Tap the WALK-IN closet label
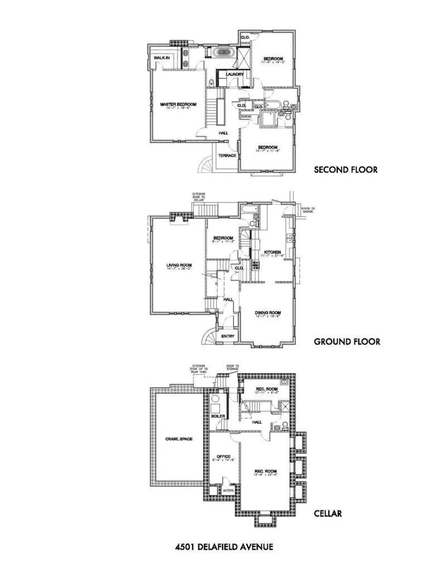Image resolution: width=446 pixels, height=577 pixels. (x=162, y=57)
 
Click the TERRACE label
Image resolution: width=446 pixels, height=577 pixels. (x=227, y=156)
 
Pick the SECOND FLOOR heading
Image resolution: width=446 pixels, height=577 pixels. (x=346, y=169)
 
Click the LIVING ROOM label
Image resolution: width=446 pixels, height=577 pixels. (x=179, y=265)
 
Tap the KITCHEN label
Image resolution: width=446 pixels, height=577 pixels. (x=272, y=253)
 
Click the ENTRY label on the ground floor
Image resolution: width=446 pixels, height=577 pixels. (x=227, y=336)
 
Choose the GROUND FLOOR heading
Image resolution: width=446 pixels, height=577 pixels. (x=347, y=341)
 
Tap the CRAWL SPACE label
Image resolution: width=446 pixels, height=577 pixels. (x=179, y=439)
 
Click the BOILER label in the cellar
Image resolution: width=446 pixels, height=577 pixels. (x=217, y=416)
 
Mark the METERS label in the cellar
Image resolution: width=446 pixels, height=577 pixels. (x=227, y=491)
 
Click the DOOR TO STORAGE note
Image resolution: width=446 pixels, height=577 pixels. (x=232, y=368)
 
